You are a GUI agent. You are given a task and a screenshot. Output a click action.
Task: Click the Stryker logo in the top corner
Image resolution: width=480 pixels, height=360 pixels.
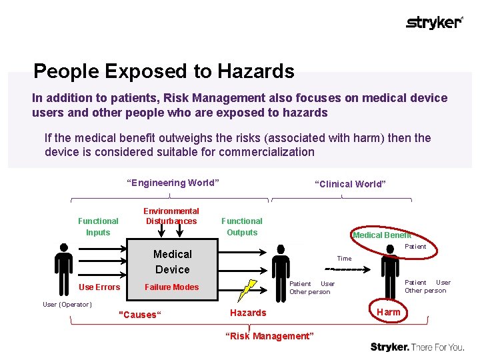point(434,23)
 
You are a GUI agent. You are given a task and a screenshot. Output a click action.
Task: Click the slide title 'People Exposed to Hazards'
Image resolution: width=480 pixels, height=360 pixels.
point(163,71)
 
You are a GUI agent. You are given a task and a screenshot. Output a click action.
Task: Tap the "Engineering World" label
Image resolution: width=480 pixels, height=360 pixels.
point(173,183)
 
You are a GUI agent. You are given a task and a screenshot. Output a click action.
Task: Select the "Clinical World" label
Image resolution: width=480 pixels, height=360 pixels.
point(350,184)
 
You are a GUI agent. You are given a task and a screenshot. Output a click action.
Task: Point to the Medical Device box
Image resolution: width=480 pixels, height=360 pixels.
point(172,261)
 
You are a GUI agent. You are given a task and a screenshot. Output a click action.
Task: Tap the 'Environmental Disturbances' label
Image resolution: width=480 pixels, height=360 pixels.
point(171,216)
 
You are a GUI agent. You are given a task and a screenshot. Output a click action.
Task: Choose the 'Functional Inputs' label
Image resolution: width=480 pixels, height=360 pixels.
point(98,226)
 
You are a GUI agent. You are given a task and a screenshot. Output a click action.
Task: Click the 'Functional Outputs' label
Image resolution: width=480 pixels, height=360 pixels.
point(242,226)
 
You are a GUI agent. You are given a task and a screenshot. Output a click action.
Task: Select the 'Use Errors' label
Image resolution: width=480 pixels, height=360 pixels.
point(99,287)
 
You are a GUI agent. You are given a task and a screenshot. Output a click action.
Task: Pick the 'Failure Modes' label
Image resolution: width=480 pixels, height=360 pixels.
point(172,287)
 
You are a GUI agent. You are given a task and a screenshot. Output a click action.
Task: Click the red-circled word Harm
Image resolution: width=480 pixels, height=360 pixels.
point(389,312)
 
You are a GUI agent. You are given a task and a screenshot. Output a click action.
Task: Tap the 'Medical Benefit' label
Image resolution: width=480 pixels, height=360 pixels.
point(382,235)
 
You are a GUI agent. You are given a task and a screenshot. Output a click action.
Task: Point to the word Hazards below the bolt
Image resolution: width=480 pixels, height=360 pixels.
point(248,313)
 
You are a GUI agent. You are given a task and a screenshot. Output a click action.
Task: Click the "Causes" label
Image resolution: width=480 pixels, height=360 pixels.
point(139,315)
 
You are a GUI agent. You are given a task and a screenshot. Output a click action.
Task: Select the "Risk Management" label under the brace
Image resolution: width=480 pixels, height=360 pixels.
point(269,336)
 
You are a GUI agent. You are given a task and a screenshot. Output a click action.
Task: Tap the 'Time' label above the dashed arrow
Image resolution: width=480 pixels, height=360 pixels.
point(344,259)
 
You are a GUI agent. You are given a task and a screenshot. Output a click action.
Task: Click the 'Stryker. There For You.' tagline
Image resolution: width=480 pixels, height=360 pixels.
point(417,347)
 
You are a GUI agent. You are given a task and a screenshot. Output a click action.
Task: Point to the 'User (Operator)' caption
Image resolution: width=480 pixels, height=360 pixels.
point(67,305)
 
